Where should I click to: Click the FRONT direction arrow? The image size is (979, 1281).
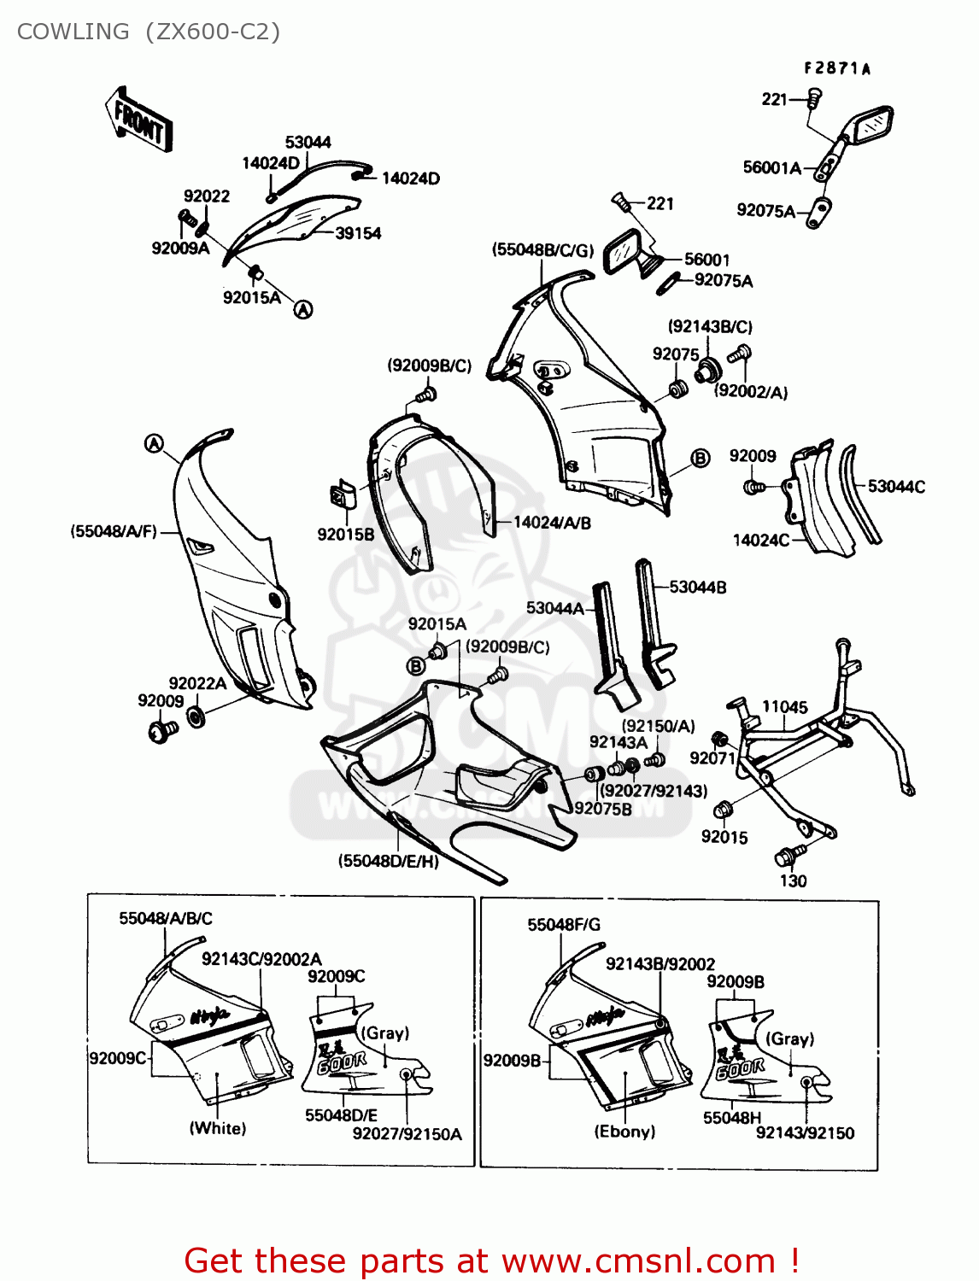point(139,120)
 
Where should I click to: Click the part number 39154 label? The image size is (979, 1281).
point(357,233)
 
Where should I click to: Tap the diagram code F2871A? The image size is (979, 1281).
point(836,68)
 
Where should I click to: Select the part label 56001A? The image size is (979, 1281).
point(771,167)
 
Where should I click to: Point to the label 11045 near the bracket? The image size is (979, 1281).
point(784,706)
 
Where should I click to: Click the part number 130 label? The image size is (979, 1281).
point(793,880)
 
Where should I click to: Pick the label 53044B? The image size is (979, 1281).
point(697,587)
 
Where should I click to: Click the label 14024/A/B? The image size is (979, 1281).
point(552,522)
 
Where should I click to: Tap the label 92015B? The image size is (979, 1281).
point(345,535)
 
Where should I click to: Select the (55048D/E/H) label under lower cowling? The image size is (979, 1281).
point(389,861)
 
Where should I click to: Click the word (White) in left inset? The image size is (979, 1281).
point(218,1128)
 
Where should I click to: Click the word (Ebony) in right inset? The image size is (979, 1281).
point(624,1132)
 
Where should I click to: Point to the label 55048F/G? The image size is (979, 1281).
point(564,924)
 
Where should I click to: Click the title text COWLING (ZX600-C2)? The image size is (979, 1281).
point(149,32)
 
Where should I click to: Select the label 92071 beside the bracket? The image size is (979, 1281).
point(712,757)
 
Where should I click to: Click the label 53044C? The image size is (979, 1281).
point(896,486)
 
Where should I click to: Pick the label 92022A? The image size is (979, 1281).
point(197,683)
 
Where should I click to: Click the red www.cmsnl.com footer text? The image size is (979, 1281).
point(491,1261)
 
